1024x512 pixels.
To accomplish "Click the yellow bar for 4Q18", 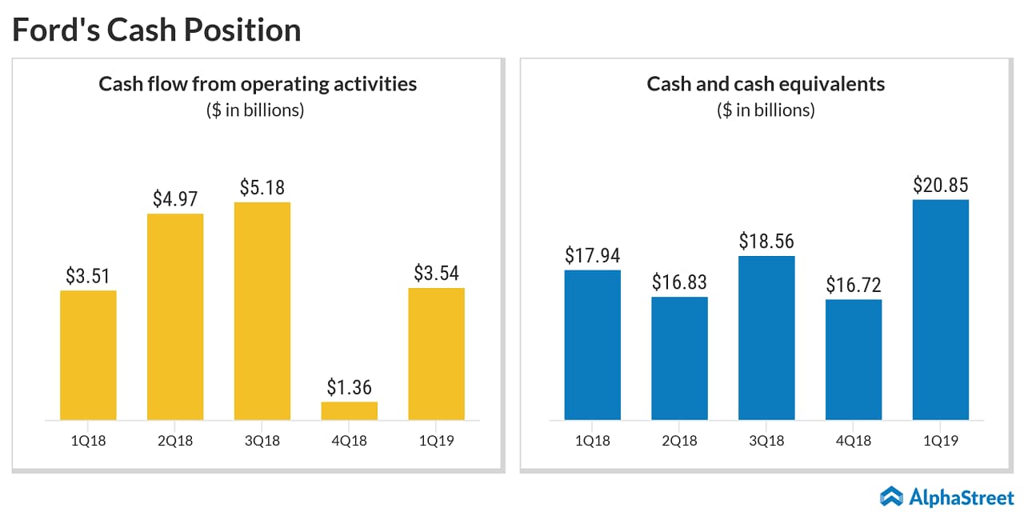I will [x=349, y=410].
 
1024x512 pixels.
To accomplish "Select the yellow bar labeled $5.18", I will [x=262, y=311].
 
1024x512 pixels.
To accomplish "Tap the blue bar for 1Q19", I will [x=940, y=310].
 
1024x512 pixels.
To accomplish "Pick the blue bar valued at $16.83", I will [x=679, y=358].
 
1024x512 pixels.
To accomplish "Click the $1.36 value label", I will [x=350, y=388].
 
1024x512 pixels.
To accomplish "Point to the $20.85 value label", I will [x=940, y=186].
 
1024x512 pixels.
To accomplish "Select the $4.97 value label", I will [x=175, y=199].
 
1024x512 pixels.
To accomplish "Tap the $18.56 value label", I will [x=766, y=242].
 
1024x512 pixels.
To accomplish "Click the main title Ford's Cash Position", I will [x=156, y=30].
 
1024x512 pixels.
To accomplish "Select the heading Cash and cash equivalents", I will [x=766, y=83].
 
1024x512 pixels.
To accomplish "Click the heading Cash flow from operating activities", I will [x=258, y=83].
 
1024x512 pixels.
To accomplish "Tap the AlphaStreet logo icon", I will [x=891, y=496].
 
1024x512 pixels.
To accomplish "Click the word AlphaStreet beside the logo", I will [x=961, y=497].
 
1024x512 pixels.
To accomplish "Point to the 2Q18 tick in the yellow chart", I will [x=175, y=441].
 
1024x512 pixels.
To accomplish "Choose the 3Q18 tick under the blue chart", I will [x=766, y=441].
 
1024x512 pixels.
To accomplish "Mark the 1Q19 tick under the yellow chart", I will [x=436, y=441].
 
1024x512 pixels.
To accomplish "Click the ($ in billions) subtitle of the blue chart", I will [x=766, y=110].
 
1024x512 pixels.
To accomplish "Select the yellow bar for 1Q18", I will [x=88, y=355].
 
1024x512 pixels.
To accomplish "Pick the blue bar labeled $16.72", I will [x=854, y=360].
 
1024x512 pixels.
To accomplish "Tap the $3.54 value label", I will [x=436, y=273].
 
